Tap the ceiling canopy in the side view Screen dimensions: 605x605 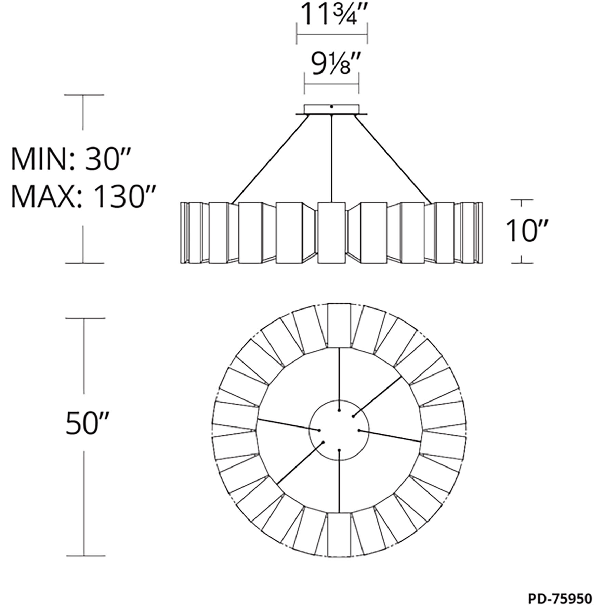coord(331,109)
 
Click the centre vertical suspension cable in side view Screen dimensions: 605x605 coord(332,157)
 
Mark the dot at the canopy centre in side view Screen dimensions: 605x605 coord(331,107)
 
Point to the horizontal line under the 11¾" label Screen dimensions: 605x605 coord(331,34)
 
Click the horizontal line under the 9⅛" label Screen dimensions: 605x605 coord(331,84)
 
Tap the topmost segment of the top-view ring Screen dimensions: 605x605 coord(339,325)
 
